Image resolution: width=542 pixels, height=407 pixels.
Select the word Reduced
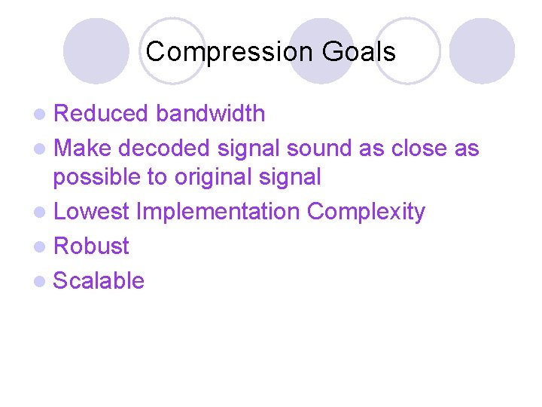point(102,114)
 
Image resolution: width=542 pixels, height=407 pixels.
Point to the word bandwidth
point(211,114)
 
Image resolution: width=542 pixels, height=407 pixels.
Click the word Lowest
point(91,213)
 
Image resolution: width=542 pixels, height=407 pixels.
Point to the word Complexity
point(366,213)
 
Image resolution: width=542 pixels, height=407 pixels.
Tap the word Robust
point(92,246)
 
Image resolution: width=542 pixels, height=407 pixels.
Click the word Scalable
point(99,281)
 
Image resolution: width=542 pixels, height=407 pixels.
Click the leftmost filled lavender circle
point(96,51)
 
